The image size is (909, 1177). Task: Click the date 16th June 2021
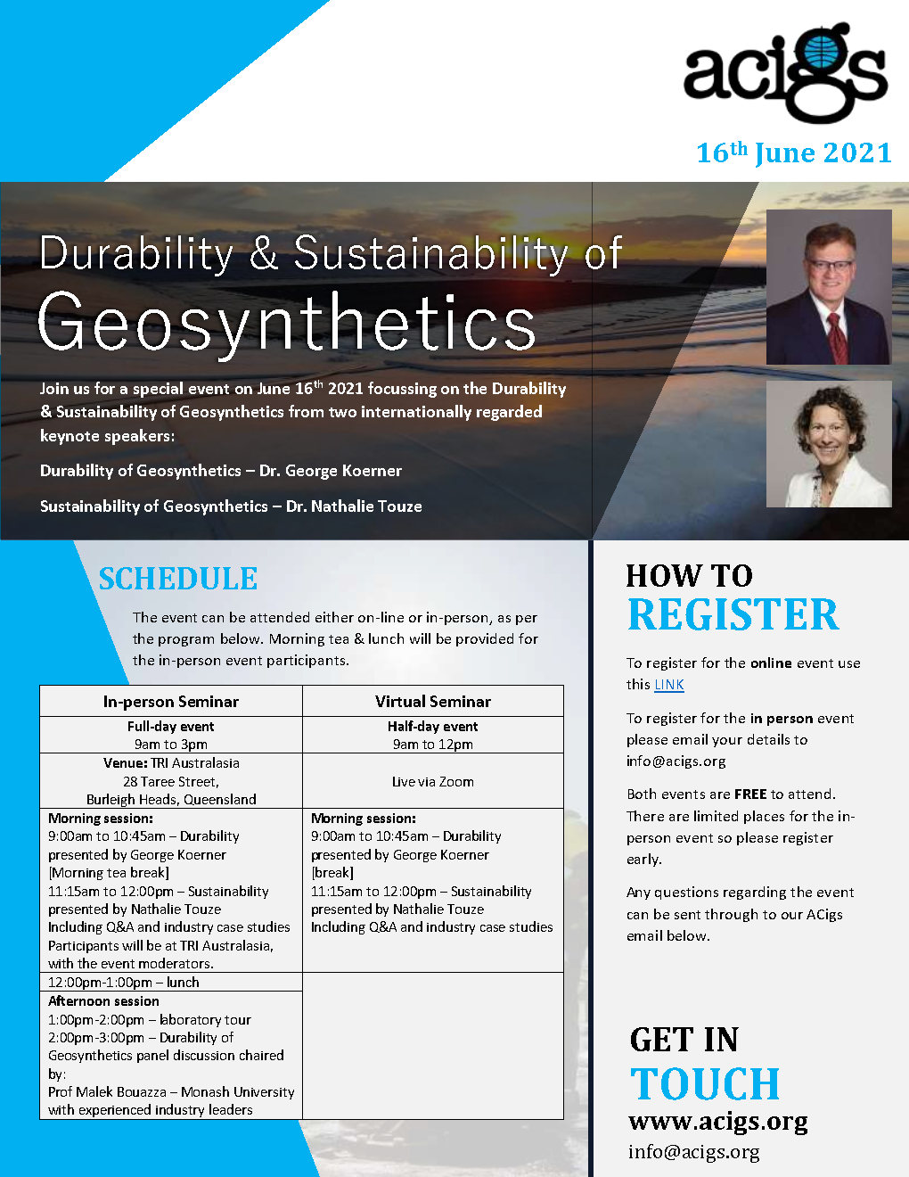click(793, 153)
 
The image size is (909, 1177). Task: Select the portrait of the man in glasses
click(828, 286)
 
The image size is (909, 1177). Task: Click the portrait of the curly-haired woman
click(828, 444)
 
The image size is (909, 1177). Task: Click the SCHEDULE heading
click(178, 579)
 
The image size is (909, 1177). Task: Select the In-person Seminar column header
click(171, 702)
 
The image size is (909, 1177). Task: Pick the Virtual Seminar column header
click(433, 702)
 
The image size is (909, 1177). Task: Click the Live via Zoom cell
click(433, 782)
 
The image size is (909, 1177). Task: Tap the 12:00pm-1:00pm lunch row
click(124, 983)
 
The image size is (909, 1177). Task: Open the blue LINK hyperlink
click(669, 685)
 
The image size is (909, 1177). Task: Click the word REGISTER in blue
click(733, 615)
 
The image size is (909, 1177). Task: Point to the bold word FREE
click(750, 794)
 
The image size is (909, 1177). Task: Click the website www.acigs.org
click(718, 1121)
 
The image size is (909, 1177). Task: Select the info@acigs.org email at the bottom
click(694, 1151)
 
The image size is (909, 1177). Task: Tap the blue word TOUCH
click(706, 1084)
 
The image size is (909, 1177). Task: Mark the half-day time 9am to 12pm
click(433, 745)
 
